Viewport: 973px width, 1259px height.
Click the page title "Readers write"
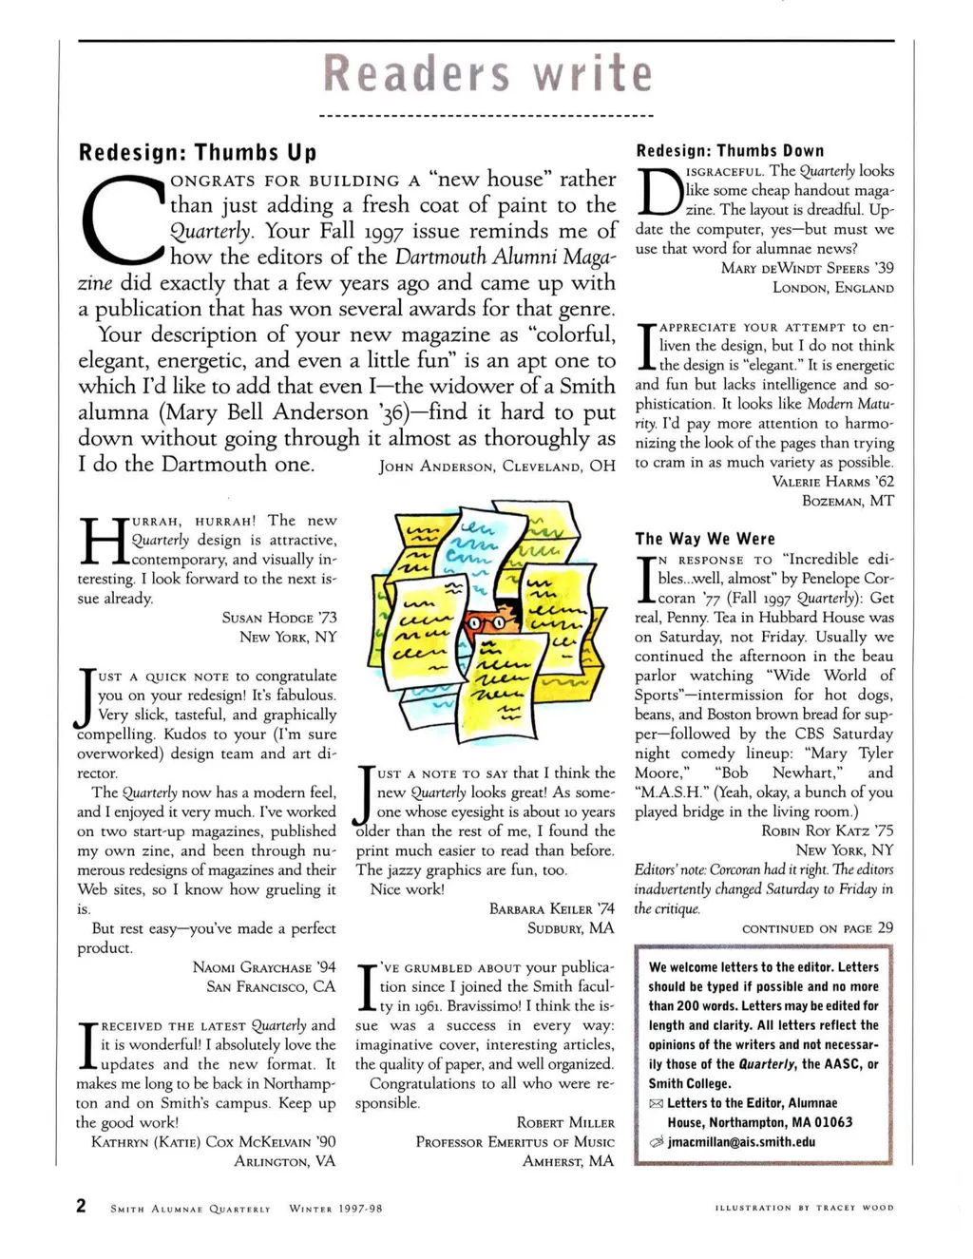coord(488,74)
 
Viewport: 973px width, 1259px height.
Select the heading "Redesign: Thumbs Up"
coord(197,153)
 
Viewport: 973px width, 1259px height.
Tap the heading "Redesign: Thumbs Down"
coord(730,151)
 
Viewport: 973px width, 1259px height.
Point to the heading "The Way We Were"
coord(705,539)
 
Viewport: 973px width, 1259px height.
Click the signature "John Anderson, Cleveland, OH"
coord(497,467)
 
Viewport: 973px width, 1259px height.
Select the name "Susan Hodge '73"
coord(279,618)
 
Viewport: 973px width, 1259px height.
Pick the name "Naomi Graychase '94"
coord(264,967)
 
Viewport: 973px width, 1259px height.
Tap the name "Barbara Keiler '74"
coord(552,909)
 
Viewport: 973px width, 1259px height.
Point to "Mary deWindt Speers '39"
coord(808,268)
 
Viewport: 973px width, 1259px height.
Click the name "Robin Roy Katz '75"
coord(828,830)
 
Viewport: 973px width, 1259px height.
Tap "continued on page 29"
coord(817,928)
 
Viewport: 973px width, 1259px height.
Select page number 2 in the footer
coord(82,1207)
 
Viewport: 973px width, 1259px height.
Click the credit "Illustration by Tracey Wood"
coord(804,1209)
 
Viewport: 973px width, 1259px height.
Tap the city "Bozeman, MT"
coord(848,501)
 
